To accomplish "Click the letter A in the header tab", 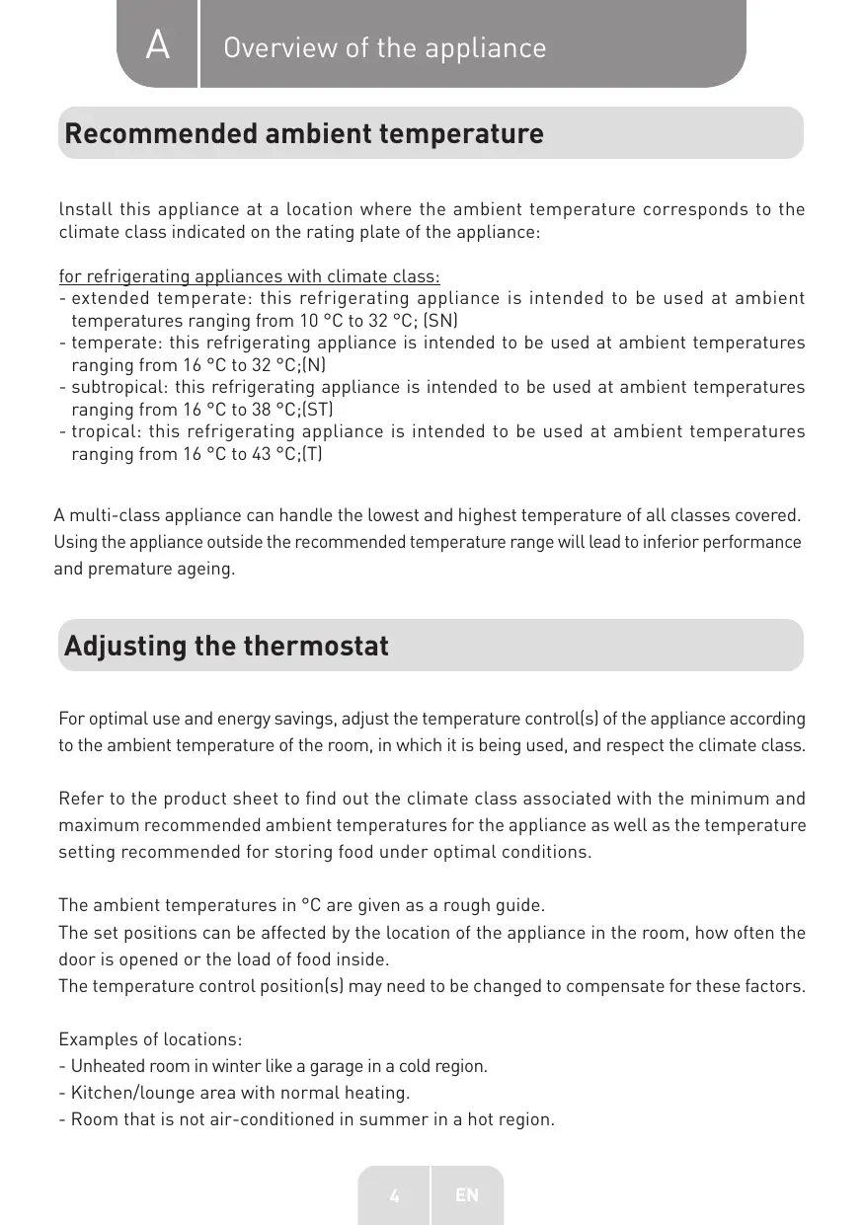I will tap(157, 45).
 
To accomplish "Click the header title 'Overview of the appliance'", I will tap(384, 47).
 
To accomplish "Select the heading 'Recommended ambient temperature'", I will tap(303, 133).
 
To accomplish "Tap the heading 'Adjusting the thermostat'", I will tap(226, 646).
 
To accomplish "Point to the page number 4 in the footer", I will tap(394, 1195).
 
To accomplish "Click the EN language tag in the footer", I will tap(466, 1195).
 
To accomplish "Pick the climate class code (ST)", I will tap(316, 409).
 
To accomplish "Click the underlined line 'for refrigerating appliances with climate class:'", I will tap(249, 275).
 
